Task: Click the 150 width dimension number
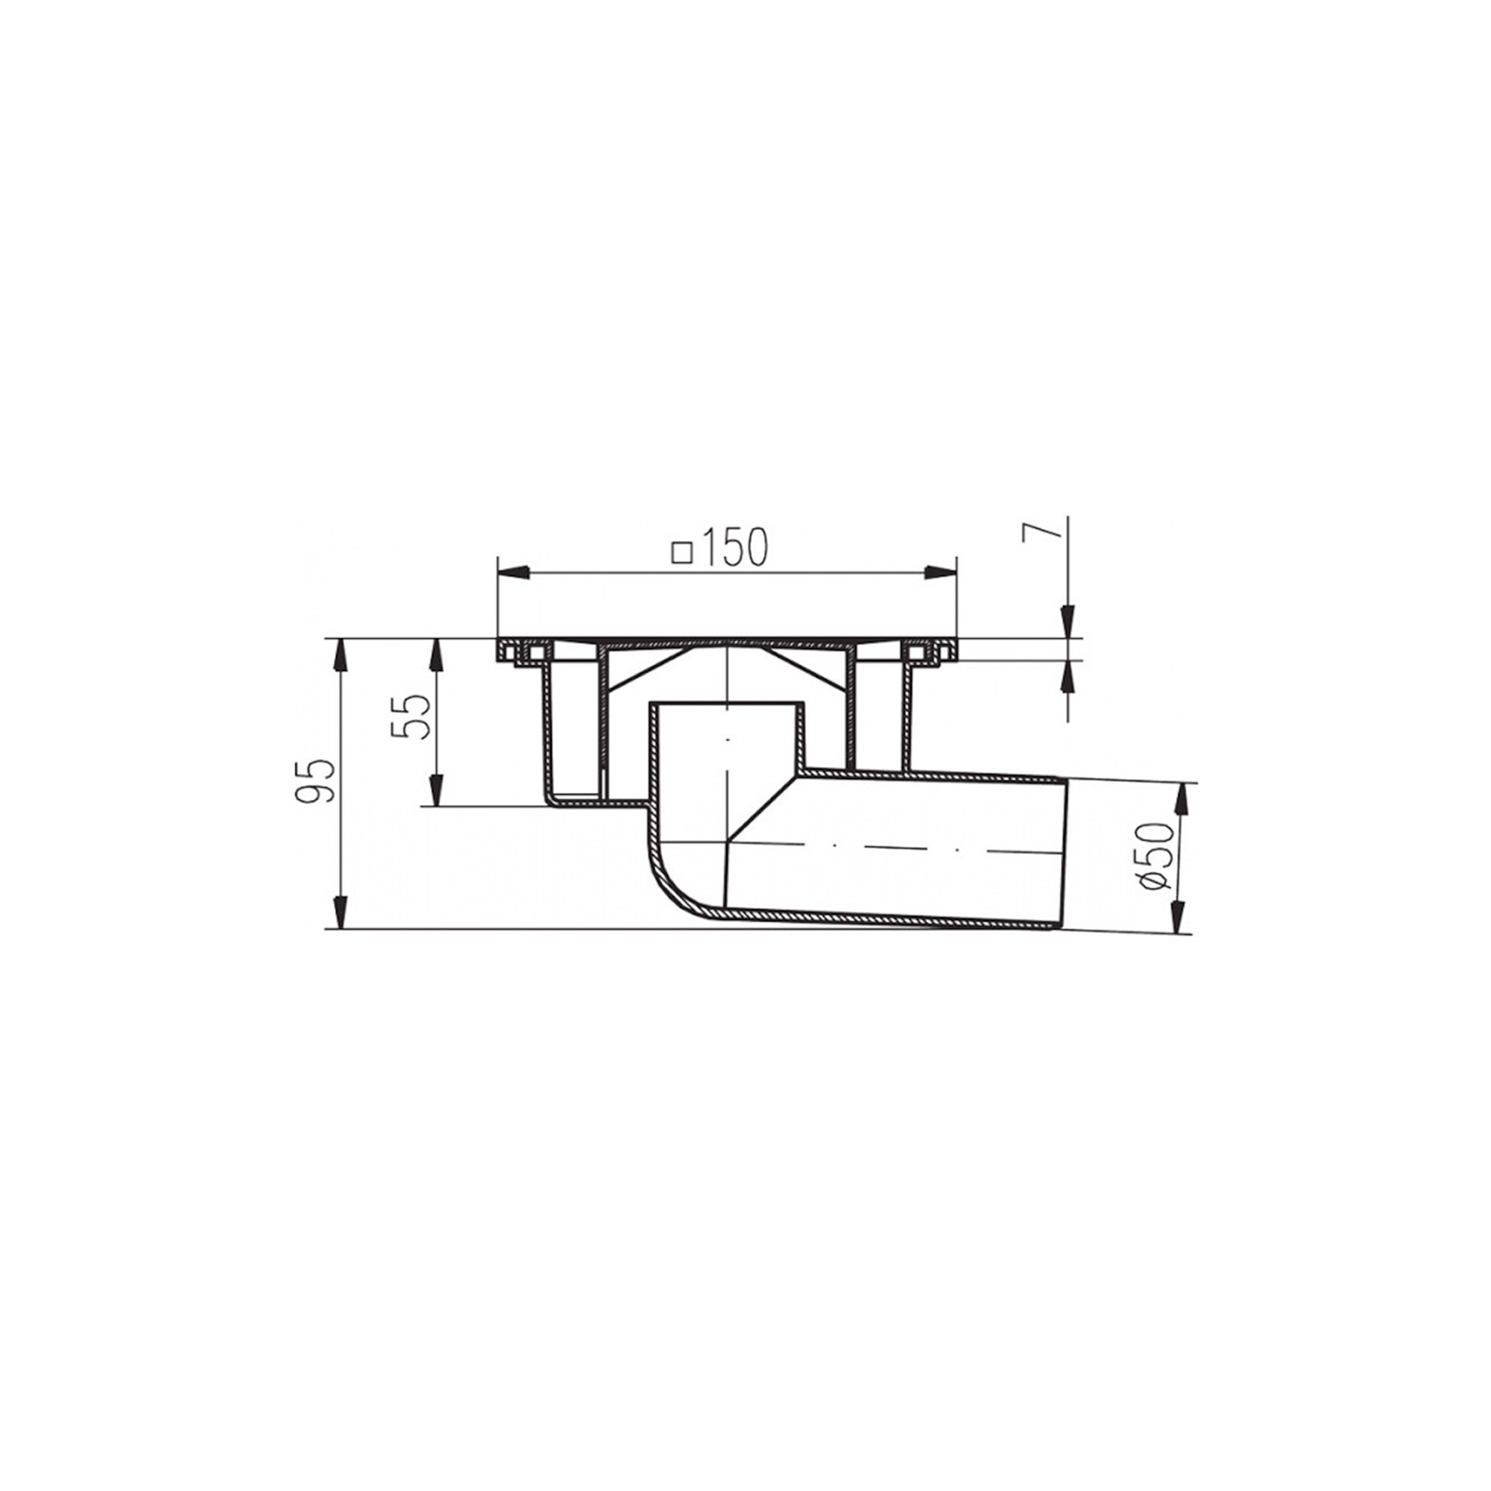pyautogui.click(x=737, y=547)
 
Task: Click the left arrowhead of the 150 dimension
pyautogui.click(x=514, y=572)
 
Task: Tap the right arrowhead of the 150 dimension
pyautogui.click(x=940, y=572)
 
